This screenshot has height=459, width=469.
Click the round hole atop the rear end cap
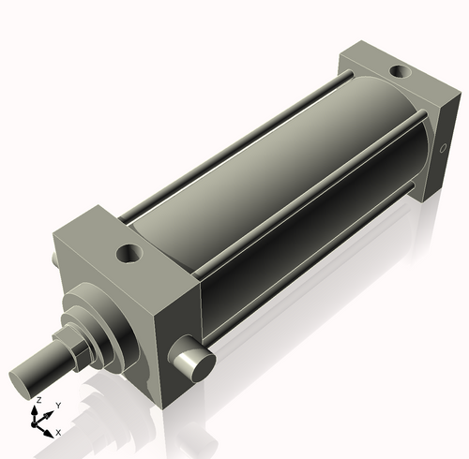click(399, 71)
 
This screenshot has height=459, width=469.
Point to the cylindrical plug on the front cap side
click(193, 362)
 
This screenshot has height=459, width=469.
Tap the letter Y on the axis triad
click(58, 405)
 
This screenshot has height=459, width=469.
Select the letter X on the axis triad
click(58, 432)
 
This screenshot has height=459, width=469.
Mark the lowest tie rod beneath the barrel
click(310, 272)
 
